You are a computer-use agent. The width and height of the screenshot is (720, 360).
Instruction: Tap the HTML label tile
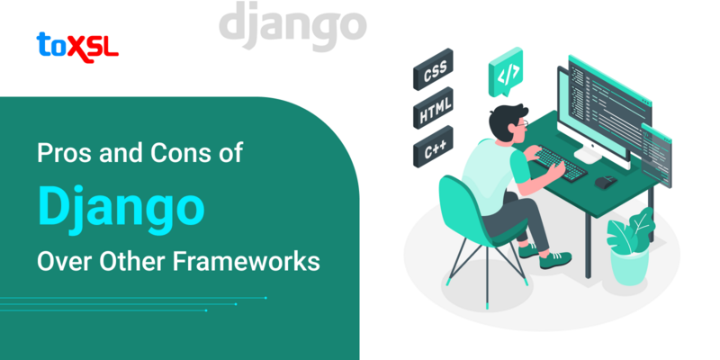[x=434, y=115]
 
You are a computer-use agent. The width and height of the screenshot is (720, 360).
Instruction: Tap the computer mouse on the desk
[x=606, y=181]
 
